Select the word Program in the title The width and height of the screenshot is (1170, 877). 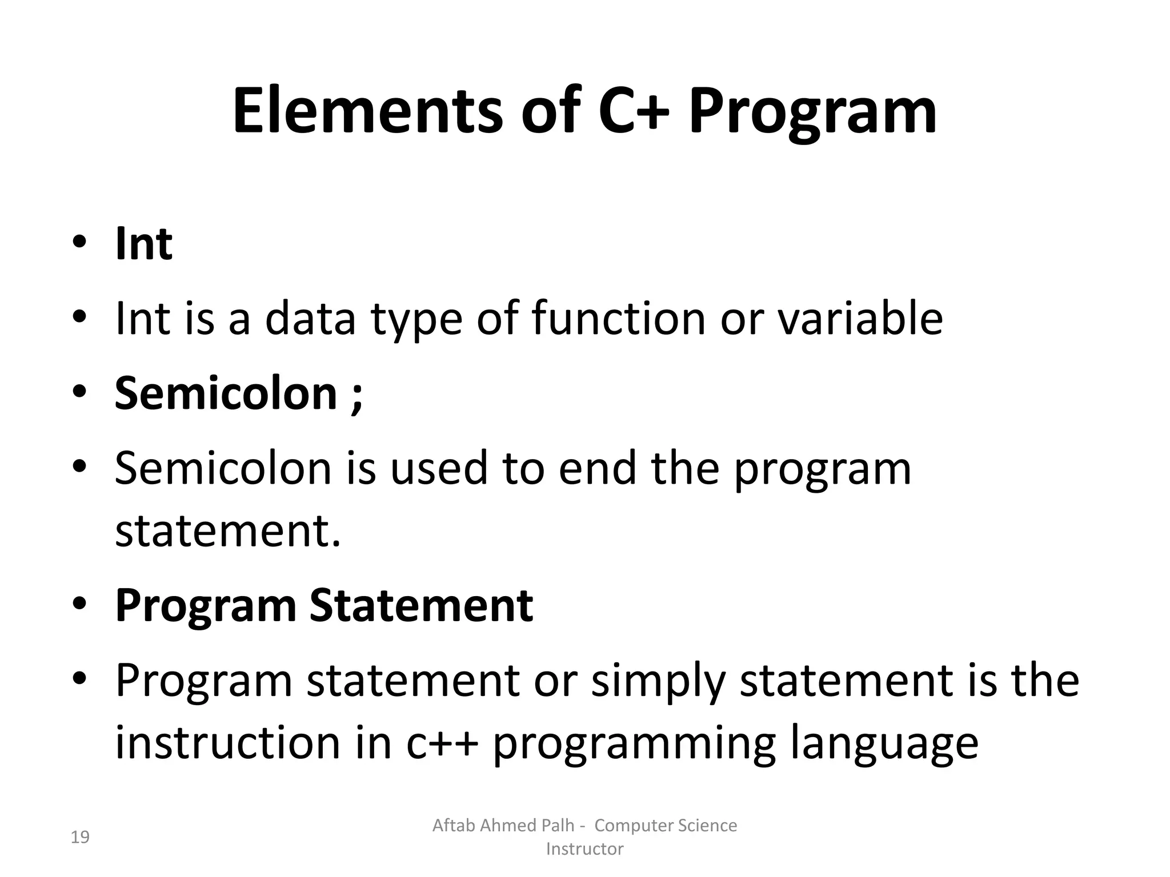tap(812, 114)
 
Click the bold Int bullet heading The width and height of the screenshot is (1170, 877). tap(143, 244)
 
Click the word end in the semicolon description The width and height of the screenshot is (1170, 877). tap(597, 468)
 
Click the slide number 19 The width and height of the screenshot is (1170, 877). tap(80, 838)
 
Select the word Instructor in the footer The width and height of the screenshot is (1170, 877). tap(584, 849)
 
